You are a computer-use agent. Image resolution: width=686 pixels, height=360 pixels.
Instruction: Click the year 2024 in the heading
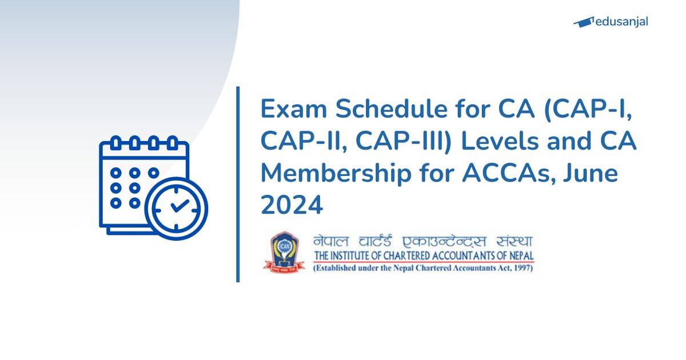(292, 206)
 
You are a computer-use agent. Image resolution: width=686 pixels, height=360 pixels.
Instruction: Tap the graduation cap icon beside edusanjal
(583, 22)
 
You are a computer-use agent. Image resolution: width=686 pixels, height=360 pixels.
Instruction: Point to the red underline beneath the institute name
(424, 262)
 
